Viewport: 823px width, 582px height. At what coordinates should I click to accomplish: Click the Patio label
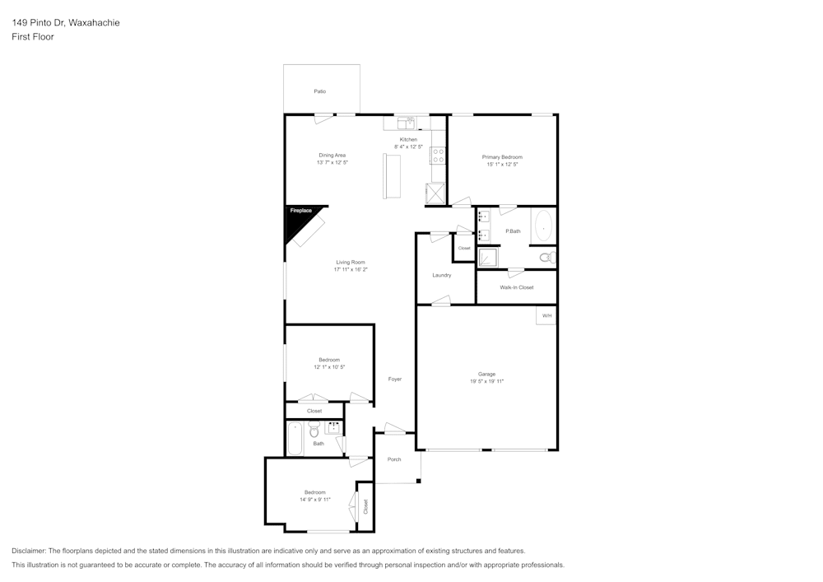(x=319, y=91)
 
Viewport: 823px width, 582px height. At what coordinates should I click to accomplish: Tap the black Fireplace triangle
(x=297, y=220)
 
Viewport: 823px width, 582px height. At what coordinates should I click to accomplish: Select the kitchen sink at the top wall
(x=407, y=123)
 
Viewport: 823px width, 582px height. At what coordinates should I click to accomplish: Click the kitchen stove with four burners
(x=437, y=154)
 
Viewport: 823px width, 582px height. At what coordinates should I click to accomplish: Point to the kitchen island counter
(x=391, y=176)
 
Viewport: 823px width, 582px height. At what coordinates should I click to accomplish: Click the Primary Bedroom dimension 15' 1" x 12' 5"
(x=502, y=165)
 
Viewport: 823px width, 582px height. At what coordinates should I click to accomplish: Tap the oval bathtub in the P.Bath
(x=543, y=225)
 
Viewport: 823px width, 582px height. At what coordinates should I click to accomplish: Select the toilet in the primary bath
(x=546, y=258)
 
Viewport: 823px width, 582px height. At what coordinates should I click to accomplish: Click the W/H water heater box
(x=546, y=315)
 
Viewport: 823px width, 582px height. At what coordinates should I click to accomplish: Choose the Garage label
(x=486, y=374)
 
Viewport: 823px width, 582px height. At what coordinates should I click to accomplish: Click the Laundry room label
(x=442, y=275)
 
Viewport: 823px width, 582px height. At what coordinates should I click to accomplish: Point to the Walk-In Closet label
(x=517, y=287)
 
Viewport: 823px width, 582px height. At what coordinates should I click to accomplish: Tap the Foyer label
(x=395, y=379)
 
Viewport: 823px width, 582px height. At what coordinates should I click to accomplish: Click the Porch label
(x=394, y=459)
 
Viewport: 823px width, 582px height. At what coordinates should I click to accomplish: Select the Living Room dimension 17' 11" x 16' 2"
(x=351, y=269)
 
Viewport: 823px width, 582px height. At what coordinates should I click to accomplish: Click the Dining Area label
(x=332, y=155)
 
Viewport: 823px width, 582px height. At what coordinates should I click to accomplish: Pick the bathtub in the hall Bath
(x=295, y=438)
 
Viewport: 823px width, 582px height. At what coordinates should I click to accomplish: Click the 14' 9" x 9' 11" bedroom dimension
(x=315, y=500)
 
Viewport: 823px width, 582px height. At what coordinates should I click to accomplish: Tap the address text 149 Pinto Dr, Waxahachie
(x=66, y=23)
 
